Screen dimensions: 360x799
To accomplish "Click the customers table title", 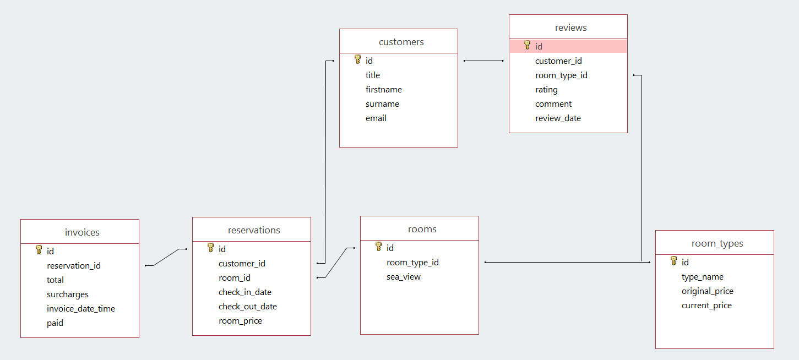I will [401, 42].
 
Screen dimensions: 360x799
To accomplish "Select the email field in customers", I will [376, 118].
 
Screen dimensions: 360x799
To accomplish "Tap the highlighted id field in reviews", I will [539, 47].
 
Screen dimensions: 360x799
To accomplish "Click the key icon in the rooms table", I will [378, 247].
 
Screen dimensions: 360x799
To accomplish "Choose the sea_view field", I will [403, 277].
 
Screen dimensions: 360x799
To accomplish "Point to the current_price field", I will [706, 306].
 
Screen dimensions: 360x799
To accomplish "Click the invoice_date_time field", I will [81, 309].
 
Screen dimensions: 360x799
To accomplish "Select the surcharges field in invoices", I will [68, 294].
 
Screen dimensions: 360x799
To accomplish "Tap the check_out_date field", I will [247, 307].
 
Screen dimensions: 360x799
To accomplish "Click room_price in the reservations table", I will [240, 321].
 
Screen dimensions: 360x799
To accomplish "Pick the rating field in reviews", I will [546, 90].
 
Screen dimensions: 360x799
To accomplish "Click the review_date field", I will [558, 118].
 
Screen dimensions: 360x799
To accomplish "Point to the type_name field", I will [702, 277].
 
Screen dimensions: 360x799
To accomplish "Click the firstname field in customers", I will [384, 90].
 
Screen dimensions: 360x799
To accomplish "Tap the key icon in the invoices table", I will [39, 250].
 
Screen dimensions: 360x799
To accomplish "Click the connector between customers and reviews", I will [483, 61].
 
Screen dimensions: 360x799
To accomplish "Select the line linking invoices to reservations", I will [166, 257].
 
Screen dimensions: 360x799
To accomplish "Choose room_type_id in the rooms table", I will [412, 263].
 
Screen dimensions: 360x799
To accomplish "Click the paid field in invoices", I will [55, 323].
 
